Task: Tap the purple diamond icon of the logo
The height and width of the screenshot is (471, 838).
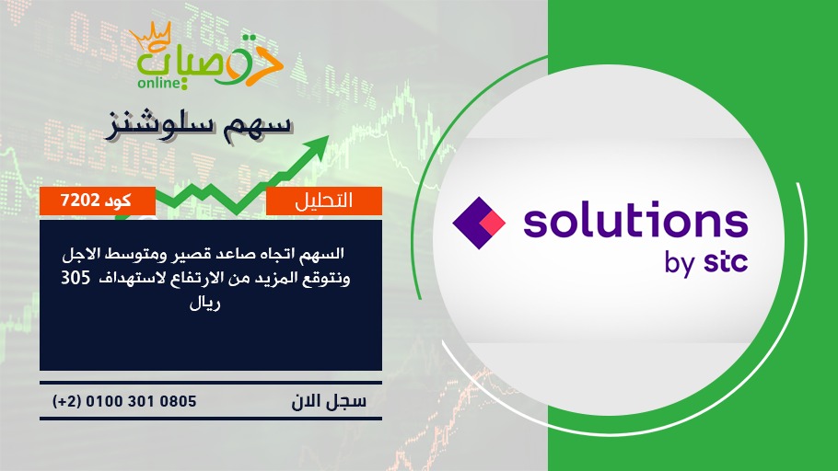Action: pyautogui.click(x=479, y=223)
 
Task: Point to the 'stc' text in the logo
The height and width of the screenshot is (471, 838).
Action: pyautogui.click(x=726, y=263)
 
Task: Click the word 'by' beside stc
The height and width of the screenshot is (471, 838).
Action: pyautogui.click(x=680, y=264)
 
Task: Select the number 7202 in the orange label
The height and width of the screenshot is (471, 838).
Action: pyautogui.click(x=80, y=201)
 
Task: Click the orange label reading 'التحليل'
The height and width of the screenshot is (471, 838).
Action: pyautogui.click(x=324, y=201)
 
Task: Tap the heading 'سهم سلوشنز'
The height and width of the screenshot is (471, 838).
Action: pyautogui.click(x=199, y=126)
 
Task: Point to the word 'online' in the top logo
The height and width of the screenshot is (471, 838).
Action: pyautogui.click(x=158, y=83)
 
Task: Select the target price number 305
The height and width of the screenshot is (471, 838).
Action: pyautogui.click(x=76, y=278)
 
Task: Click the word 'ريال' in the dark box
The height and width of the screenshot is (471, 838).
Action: pyautogui.click(x=205, y=304)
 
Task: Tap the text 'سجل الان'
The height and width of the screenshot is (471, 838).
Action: pyautogui.click(x=330, y=401)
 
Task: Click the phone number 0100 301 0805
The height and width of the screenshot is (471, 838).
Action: pyautogui.click(x=141, y=401)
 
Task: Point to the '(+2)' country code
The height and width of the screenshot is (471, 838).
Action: pyautogui.click(x=67, y=401)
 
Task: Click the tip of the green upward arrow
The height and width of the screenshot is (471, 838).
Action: pyautogui.click(x=328, y=136)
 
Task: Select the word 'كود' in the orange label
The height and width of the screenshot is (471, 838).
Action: pyautogui.click(x=118, y=201)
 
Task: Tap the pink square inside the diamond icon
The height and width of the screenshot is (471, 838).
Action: pyautogui.click(x=493, y=223)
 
